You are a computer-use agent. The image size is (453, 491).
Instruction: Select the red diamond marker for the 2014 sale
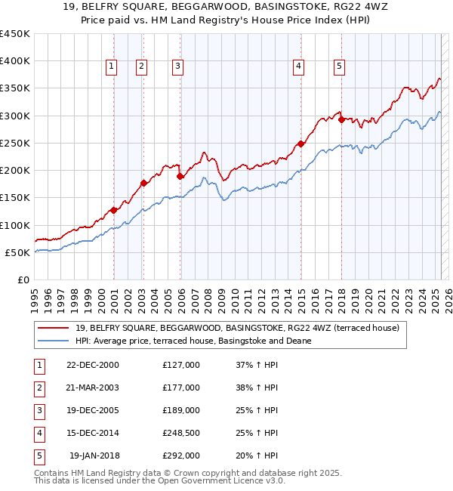click(300, 144)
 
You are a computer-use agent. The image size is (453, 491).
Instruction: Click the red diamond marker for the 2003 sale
click(143, 183)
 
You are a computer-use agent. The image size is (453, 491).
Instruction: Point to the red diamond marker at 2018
click(341, 119)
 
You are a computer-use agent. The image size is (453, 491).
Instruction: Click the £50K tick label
click(18, 252)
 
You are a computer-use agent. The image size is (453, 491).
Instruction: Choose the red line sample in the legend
click(53, 328)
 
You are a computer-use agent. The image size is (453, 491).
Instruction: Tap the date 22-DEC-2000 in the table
click(93, 365)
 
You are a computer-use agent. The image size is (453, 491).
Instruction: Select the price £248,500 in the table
click(181, 433)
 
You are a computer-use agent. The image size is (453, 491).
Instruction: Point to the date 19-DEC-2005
click(93, 410)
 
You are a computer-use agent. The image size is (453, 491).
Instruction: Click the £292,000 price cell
click(181, 455)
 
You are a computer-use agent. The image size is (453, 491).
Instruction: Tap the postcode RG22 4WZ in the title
click(328, 10)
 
